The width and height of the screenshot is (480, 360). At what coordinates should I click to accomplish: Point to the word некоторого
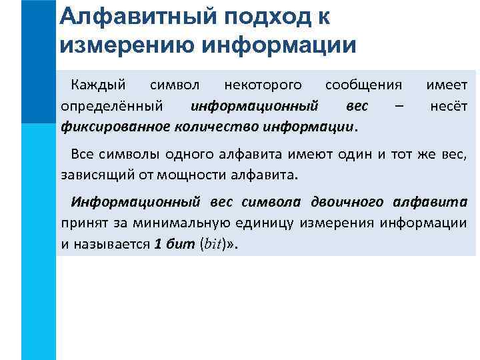click(263, 85)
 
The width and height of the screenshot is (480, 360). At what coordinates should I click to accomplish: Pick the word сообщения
click(363, 85)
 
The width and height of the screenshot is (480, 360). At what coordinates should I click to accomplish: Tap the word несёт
click(449, 106)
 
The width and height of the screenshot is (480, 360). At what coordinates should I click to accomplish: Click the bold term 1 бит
click(175, 243)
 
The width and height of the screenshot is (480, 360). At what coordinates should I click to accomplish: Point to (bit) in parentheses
click(212, 244)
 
